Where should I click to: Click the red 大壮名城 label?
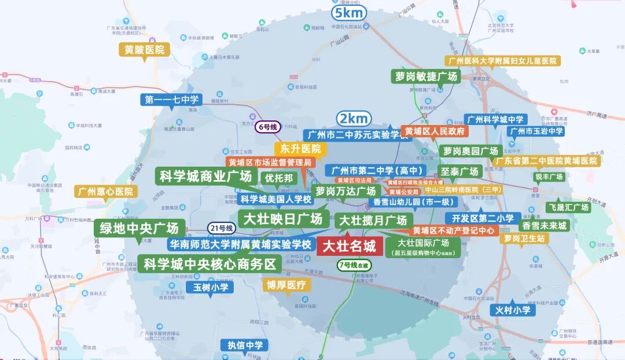point(349,246)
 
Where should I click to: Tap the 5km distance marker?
point(349,13)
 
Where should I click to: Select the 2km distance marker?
point(354,119)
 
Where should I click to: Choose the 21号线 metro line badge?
point(221,228)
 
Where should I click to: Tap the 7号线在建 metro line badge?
point(354,265)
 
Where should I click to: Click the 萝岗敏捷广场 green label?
point(426,76)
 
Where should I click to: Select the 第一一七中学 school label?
point(172,100)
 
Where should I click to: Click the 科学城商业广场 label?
point(206,177)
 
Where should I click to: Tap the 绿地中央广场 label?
point(139,227)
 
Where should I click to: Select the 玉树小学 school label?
point(211,287)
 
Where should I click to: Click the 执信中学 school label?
point(245,346)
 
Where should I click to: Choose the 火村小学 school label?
point(513,310)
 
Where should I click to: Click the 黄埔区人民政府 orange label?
point(435,131)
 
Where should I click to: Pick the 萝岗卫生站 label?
point(524,238)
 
